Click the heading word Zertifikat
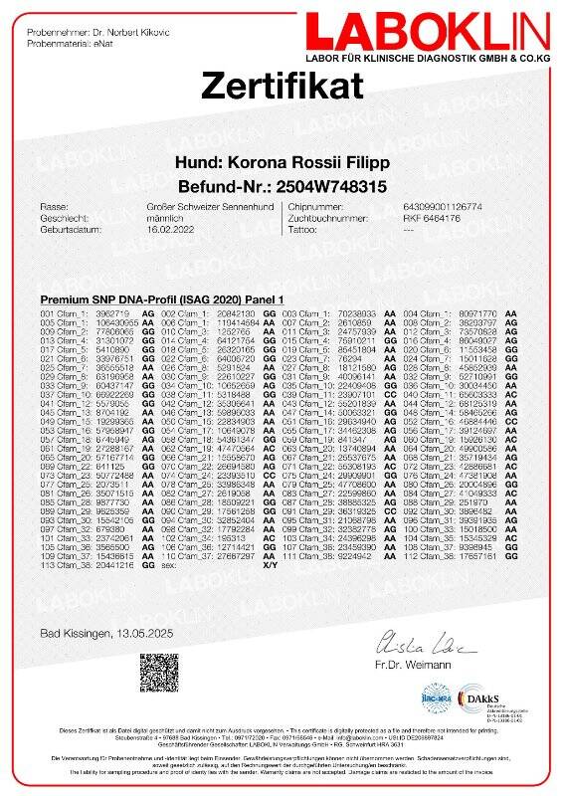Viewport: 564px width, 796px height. tap(282, 86)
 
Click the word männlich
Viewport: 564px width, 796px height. tap(148, 216)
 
